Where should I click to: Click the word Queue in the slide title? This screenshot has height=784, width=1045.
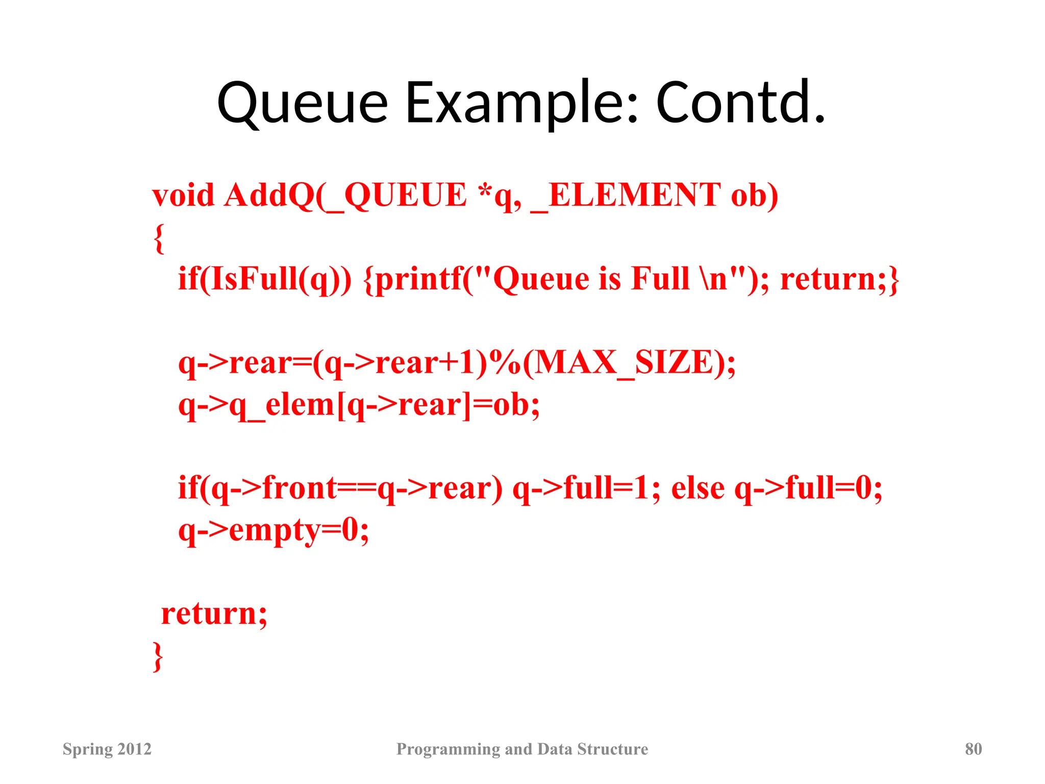pos(302,104)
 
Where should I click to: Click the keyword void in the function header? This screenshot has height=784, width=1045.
pos(183,195)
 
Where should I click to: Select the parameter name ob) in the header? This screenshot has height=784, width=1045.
pos(754,195)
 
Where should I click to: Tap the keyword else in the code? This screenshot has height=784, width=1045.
pos(698,488)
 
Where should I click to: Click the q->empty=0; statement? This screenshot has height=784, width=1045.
pos(273,531)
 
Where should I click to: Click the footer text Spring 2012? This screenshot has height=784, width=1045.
pos(107,749)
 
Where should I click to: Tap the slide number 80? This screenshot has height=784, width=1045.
pos(973,749)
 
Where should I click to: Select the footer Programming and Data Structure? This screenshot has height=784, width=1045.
pos(522,749)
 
